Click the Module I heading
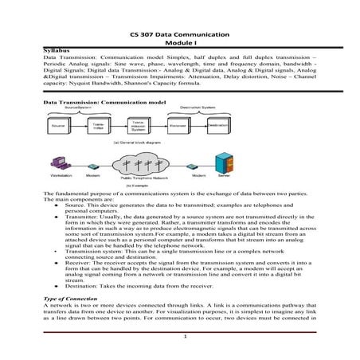(x=179, y=44)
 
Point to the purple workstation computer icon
(x=57, y=160)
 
